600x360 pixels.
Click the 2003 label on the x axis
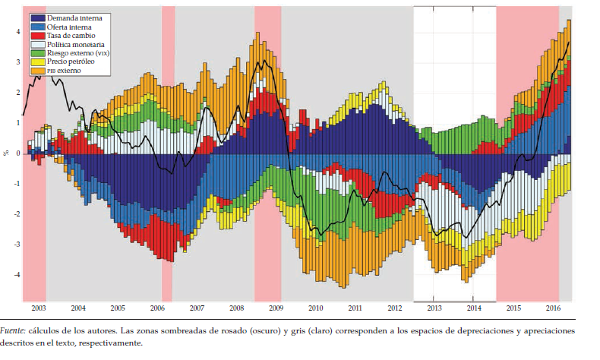[39, 308]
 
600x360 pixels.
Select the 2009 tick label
[276, 308]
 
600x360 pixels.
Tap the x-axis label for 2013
[434, 308]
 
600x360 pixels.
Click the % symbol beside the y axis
[7, 153]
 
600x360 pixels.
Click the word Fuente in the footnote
[13, 332]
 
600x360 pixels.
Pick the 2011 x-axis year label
[355, 308]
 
